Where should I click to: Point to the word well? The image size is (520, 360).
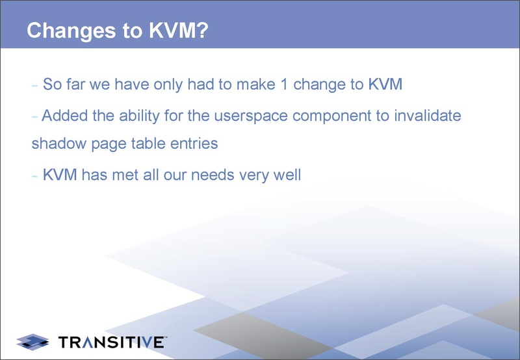[287, 175]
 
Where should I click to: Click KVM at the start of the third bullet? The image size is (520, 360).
[60, 175]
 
